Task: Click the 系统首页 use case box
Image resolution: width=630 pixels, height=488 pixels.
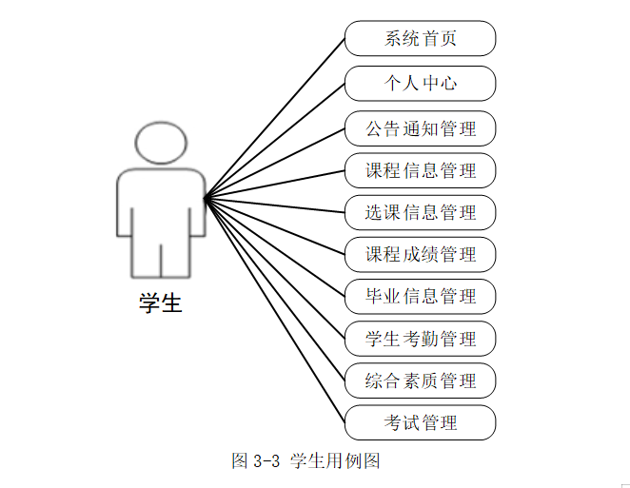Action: click(420, 39)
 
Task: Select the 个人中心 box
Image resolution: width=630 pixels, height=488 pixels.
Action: click(420, 84)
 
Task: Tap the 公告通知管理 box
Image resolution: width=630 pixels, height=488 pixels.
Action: click(420, 127)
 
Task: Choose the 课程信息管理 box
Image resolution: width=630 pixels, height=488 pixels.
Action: click(420, 171)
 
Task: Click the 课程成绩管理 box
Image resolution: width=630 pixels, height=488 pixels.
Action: click(420, 255)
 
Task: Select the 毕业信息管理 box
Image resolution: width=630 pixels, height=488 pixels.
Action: click(420, 297)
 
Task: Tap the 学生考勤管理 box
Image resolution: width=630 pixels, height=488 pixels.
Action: click(420, 339)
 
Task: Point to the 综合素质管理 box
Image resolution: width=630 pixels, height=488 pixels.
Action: click(420, 381)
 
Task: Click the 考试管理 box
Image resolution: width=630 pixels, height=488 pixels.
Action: click(420, 422)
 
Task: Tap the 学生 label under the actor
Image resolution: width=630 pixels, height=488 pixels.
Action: click(160, 303)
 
